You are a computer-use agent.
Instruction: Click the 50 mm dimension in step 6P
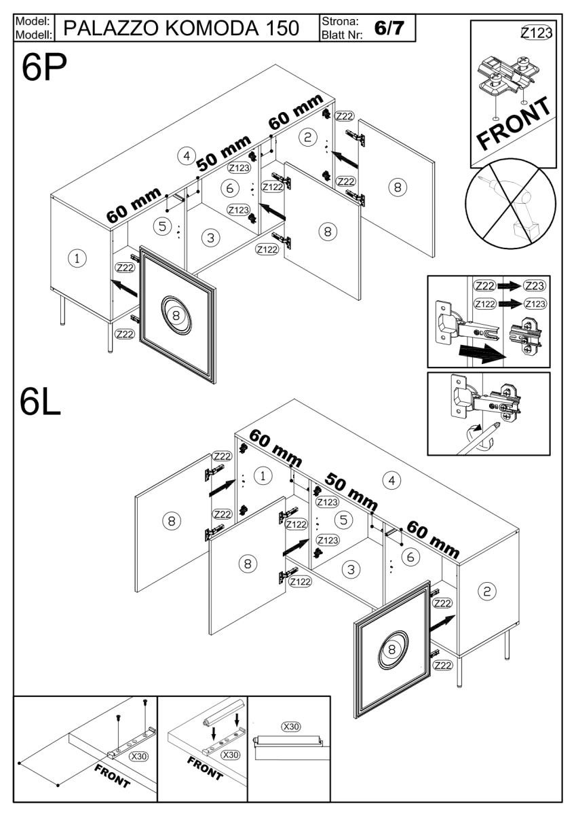(x=224, y=157)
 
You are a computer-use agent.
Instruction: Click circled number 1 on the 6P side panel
(x=79, y=258)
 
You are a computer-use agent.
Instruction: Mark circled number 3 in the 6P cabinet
(x=211, y=238)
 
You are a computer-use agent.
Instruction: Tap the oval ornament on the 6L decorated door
(x=391, y=649)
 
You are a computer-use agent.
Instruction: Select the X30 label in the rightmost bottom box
(x=291, y=727)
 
